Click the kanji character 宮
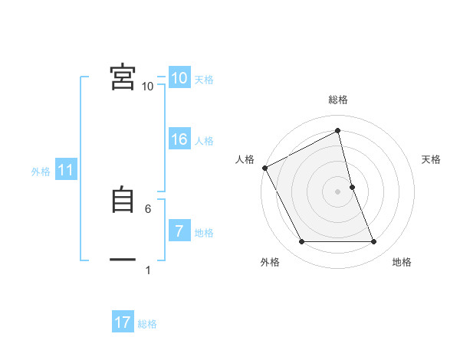tap(123, 77)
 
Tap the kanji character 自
tap(123, 200)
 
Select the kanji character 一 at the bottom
tap(123, 260)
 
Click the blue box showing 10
tap(179, 78)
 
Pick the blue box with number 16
tap(179, 139)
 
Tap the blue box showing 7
tap(179, 231)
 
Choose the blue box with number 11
tap(65, 170)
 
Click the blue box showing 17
tap(123, 322)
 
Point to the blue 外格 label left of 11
tap(41, 172)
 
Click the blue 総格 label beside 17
tap(147, 324)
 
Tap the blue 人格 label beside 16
tap(204, 141)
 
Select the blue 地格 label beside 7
tap(204, 233)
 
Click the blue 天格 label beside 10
tap(204, 80)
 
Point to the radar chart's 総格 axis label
tap(338, 100)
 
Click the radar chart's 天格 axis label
tap(432, 159)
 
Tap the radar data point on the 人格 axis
tap(265, 168)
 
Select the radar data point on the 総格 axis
tap(338, 131)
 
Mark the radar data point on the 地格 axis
tap(374, 242)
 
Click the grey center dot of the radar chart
tap(338, 191)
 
